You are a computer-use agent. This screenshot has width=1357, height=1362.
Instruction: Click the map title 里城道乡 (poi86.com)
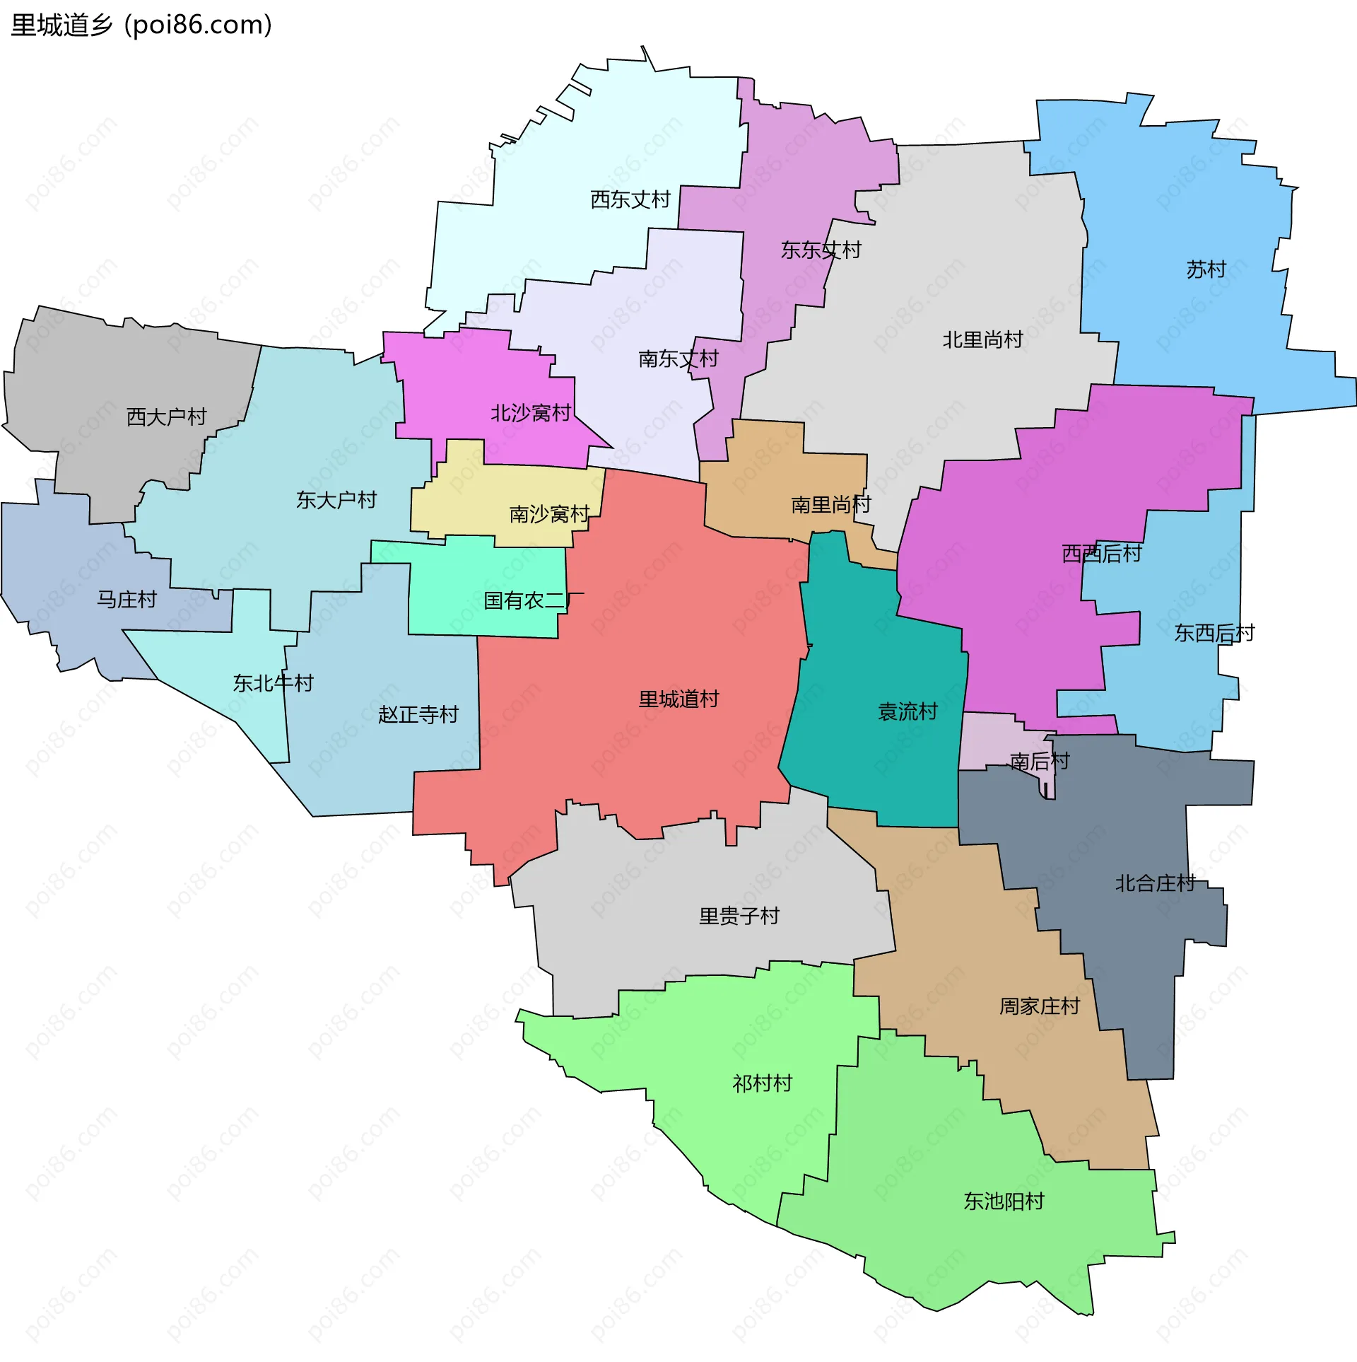pos(141,25)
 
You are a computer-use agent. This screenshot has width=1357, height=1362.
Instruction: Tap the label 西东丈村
pos(630,199)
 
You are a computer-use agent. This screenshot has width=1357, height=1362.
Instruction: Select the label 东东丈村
pos(821,250)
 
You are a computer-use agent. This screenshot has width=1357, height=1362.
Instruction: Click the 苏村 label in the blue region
pos(1206,269)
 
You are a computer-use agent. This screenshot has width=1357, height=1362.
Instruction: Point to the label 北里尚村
pos(982,340)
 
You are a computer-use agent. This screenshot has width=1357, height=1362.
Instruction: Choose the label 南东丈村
pos(678,359)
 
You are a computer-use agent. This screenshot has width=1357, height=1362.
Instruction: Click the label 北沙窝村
pos(531,413)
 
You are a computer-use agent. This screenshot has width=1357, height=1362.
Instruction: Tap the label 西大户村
pos(166,417)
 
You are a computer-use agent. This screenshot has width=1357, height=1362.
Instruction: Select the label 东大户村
pos(336,501)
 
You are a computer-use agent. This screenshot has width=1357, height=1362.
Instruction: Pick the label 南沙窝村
pos(549,514)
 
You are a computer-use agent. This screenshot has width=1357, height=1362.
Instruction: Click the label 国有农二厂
pos(533,601)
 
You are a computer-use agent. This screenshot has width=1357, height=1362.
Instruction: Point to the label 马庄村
pos(127,600)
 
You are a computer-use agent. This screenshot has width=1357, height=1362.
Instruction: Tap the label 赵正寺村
pos(418,714)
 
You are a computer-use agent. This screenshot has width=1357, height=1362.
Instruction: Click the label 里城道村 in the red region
pos(678,699)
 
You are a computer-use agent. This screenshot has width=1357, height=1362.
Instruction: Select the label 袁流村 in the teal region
pos(907,711)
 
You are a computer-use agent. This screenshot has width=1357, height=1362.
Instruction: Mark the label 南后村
pos(1039,762)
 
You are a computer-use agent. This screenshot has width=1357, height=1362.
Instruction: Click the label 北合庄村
pos(1155,883)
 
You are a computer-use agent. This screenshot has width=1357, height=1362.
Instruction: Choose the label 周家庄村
pos(1039,1006)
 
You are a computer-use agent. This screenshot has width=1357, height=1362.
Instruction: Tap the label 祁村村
pos(762,1083)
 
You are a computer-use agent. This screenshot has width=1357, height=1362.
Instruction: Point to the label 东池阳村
pos(1004,1201)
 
